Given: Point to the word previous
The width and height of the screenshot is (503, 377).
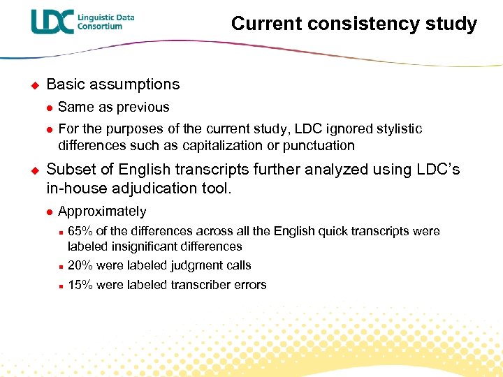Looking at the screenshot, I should pos(144,107).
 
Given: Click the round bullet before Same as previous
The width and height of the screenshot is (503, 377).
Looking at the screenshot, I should pos(50,108).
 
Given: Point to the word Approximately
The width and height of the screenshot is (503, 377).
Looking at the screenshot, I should pos(102,211).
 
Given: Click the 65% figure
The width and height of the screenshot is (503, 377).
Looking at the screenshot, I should pos(80,231).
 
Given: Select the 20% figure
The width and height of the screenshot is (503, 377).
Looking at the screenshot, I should pos(80,265).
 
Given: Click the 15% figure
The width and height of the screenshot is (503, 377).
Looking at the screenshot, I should pos(80,284).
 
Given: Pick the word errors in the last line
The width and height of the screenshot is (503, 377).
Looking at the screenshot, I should pos(251,284).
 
